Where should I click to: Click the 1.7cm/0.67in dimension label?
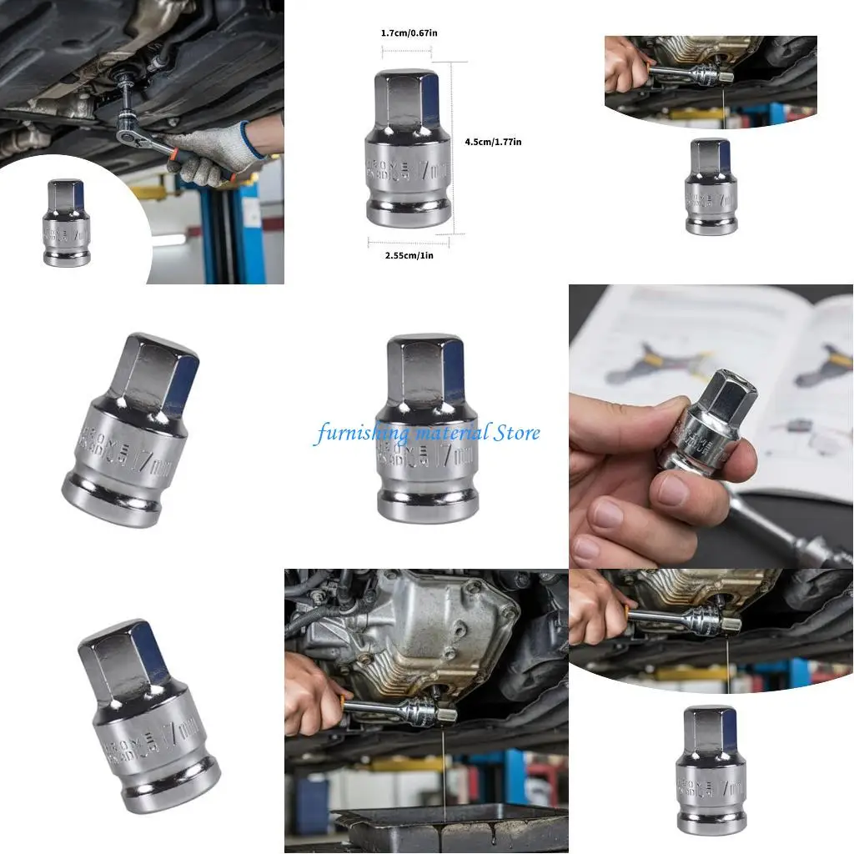tap(409, 33)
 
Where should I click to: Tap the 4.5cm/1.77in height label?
tap(493, 142)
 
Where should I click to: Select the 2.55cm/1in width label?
tap(409, 255)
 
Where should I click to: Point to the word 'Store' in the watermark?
tap(517, 433)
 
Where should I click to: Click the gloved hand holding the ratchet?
tap(208, 154)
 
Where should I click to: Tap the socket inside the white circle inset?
tap(67, 223)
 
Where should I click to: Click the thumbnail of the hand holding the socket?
tap(711, 426)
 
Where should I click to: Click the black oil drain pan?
tap(450, 826)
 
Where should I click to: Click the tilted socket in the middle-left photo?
tap(133, 430)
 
